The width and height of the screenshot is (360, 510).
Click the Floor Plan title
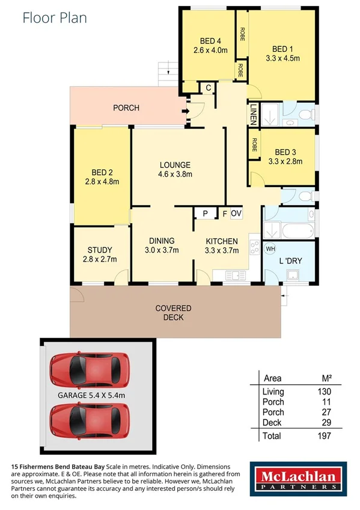click(55, 17)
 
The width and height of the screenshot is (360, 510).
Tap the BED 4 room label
click(210, 41)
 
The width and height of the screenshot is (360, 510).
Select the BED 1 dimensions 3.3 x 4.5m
click(282, 58)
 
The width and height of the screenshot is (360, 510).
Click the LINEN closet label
click(254, 114)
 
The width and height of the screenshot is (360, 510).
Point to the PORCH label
click(126, 108)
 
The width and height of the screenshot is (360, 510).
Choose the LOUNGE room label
click(175, 165)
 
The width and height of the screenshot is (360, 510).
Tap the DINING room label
click(162, 241)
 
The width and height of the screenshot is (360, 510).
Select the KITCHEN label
click(221, 241)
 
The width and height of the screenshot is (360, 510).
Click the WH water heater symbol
click(270, 248)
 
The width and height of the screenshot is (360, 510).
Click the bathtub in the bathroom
click(298, 230)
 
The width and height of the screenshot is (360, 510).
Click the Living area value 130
click(325, 392)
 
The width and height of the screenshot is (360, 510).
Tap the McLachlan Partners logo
click(297, 479)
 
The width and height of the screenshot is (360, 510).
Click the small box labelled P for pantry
click(204, 214)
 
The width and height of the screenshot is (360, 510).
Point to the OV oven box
click(236, 214)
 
